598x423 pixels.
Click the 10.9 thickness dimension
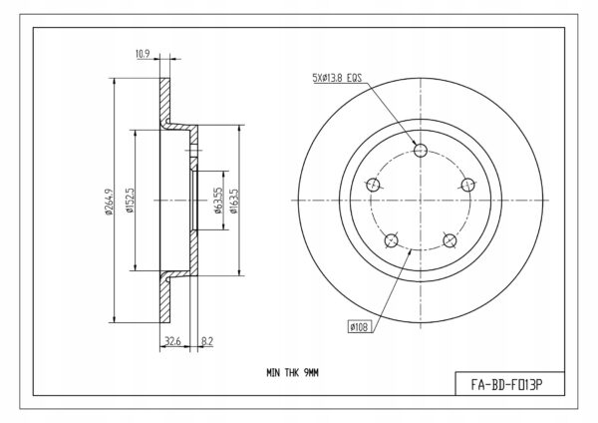[x=143, y=54]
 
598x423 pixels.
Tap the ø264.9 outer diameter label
[x=109, y=202]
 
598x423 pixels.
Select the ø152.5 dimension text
[x=130, y=200]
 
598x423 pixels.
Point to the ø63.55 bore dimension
[x=217, y=201]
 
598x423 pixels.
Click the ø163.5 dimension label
[x=233, y=201]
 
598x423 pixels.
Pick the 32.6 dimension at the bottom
[x=172, y=340]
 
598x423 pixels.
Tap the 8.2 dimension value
[x=207, y=340]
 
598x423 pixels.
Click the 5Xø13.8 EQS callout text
[x=337, y=78]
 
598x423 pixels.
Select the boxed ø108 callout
[x=359, y=327]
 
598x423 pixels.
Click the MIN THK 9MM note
[x=292, y=372]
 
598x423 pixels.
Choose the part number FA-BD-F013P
[x=506, y=384]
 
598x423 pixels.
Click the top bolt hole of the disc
[x=421, y=150]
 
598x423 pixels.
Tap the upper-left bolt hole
[x=373, y=185]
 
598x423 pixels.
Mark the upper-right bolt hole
[x=468, y=185]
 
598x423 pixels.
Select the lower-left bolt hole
[x=391, y=240]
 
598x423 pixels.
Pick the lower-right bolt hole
[x=449, y=240]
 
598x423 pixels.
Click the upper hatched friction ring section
[x=164, y=100]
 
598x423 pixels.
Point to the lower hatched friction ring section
[x=164, y=299]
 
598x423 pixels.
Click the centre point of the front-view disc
[x=421, y=201]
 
